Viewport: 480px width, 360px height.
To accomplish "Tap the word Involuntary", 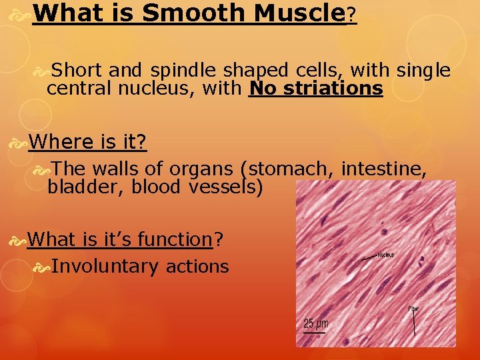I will click(x=105, y=267).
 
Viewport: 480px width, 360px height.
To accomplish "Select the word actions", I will click(x=197, y=267).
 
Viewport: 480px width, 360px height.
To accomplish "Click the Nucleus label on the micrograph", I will click(x=385, y=255).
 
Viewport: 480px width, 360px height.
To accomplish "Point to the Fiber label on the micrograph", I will click(x=414, y=309).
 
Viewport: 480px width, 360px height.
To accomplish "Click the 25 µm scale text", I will click(x=315, y=324).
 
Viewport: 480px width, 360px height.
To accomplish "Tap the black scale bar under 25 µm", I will click(x=315, y=333).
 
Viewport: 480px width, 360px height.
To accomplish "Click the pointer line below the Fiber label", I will click(x=415, y=323).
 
